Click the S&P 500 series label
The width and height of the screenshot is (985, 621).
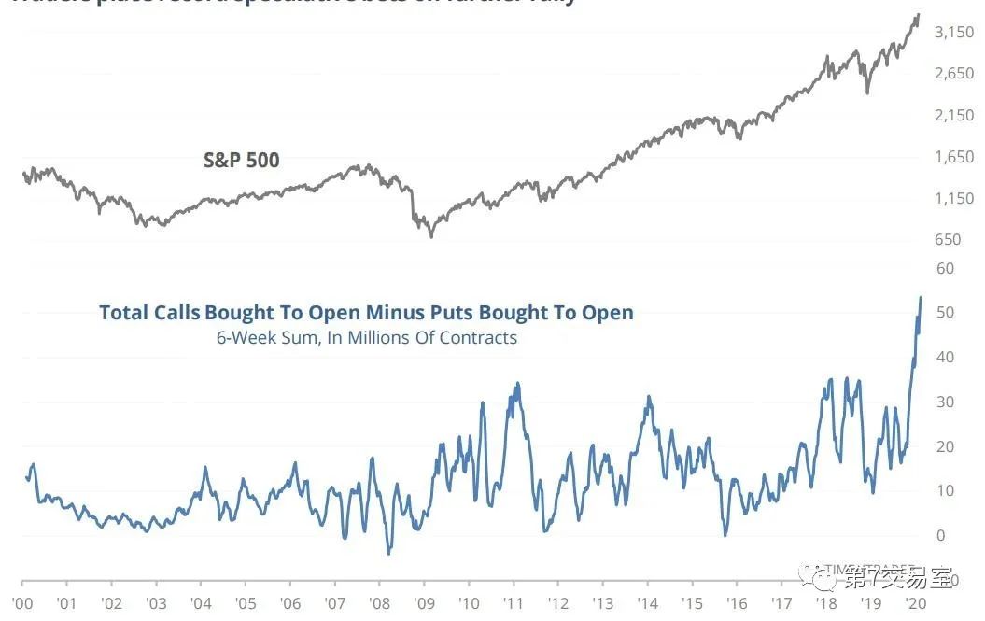(x=242, y=161)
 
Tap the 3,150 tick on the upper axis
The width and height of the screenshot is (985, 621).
(x=953, y=34)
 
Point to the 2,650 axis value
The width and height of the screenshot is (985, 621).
(x=953, y=75)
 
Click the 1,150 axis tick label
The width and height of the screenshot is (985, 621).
(x=953, y=198)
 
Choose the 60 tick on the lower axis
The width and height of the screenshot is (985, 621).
(x=945, y=269)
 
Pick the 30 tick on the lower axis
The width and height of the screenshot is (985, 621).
(x=945, y=402)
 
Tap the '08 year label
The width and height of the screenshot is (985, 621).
(x=380, y=604)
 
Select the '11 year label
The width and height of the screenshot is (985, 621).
(x=514, y=604)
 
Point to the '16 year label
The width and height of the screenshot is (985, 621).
(x=738, y=604)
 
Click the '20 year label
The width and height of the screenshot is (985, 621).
(x=916, y=604)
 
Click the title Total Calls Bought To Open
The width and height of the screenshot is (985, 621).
(x=366, y=313)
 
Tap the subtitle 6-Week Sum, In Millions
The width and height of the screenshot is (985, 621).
(x=366, y=338)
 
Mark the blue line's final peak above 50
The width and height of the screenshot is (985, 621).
(x=921, y=297)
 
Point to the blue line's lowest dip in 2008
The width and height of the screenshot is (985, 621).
(x=389, y=554)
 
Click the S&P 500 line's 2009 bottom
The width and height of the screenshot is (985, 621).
(x=431, y=237)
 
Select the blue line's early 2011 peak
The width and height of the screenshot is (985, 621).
(x=517, y=383)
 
